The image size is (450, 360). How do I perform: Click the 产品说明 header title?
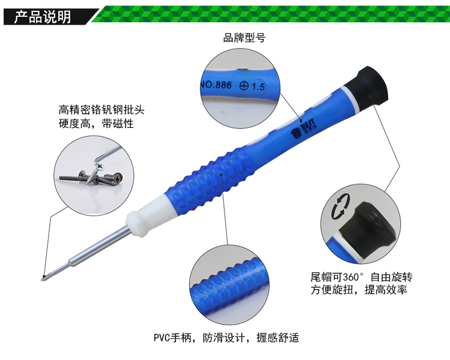coord(43,17)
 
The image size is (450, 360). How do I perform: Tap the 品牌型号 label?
coord(244,38)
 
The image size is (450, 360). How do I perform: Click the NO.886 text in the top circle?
coord(216,85)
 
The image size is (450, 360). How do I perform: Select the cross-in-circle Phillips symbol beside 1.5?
coord(244,86)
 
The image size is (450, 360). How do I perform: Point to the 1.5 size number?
coord(258,86)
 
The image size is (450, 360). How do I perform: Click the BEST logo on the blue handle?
coord(304,128)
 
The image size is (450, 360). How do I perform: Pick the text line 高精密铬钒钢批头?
coord(101,110)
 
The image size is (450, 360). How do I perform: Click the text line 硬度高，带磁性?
coord(96,124)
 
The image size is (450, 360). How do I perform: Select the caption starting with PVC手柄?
coord(226,338)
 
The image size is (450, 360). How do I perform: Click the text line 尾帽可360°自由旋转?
coord(362,277)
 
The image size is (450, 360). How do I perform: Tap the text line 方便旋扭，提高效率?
coord(359,290)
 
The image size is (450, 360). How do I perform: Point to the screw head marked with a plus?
coord(118,178)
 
